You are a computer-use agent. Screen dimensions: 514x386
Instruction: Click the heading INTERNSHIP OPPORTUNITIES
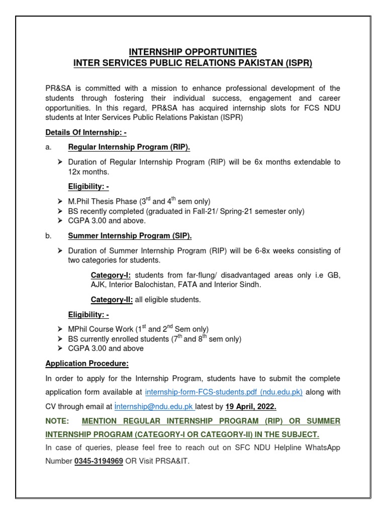pos(193,52)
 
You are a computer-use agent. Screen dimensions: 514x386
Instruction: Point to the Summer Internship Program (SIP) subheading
pos(130,236)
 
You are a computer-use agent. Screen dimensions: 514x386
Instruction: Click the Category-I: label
pos(111,275)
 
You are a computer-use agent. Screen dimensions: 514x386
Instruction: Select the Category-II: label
pos(112,300)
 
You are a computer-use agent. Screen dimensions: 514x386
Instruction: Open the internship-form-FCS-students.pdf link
pos(224,392)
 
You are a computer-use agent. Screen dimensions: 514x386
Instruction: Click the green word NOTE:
pos(57,420)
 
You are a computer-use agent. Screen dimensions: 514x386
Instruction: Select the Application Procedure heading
pos(87,363)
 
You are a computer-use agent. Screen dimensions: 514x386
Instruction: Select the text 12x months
pos(89,172)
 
